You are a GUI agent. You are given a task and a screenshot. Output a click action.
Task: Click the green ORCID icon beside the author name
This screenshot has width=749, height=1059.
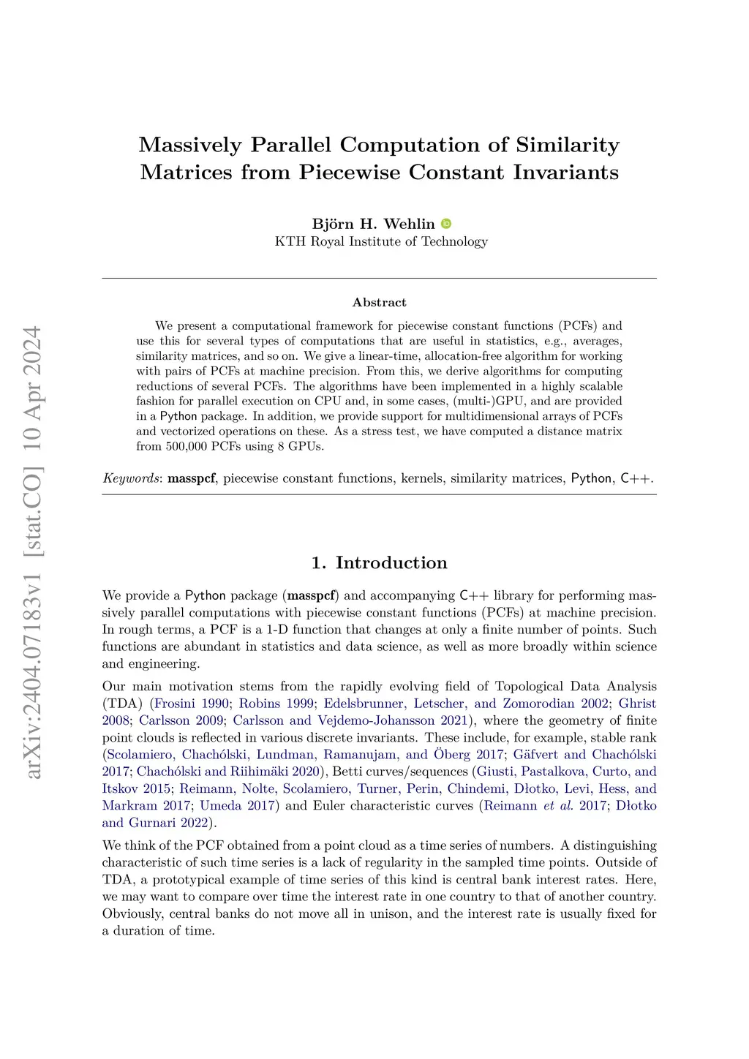click(x=446, y=224)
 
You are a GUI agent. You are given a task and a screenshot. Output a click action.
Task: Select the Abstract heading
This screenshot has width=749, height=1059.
click(x=379, y=302)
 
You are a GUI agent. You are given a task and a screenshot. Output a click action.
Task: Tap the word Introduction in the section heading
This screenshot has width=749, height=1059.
click(x=391, y=562)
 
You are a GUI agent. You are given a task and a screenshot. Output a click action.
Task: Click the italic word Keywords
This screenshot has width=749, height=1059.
click(x=131, y=478)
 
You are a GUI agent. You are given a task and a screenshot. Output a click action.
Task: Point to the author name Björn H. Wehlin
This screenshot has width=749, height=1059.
click(x=373, y=224)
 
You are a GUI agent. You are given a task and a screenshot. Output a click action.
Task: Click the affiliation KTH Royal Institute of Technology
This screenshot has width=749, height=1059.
click(x=381, y=241)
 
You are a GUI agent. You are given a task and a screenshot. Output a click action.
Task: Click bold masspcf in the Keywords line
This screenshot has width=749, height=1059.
click(x=192, y=478)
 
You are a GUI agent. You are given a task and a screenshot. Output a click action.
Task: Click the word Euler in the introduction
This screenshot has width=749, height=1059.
click(x=330, y=805)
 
